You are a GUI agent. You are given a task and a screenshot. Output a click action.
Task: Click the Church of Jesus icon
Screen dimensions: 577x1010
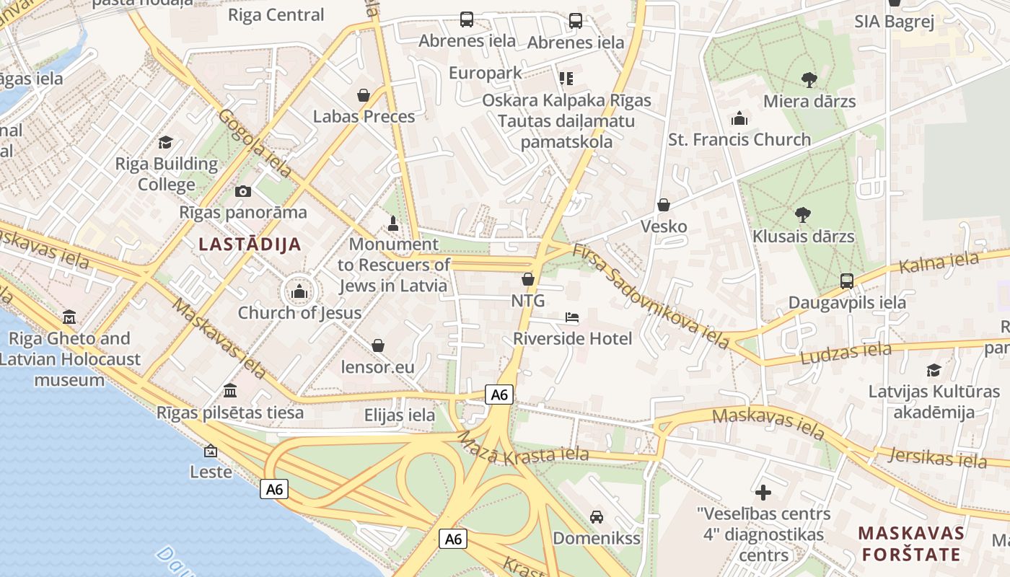(x=299, y=292)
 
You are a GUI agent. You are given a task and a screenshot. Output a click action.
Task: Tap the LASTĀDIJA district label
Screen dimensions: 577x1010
(x=250, y=244)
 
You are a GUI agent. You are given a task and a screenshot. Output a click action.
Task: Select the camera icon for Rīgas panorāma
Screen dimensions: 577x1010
(x=243, y=191)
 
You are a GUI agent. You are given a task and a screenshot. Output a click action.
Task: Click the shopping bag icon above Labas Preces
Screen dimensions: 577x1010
(x=364, y=95)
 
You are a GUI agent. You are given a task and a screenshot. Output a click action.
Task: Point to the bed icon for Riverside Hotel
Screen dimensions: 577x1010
(x=572, y=317)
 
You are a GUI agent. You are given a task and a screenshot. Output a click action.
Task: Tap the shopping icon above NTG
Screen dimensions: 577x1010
(x=528, y=279)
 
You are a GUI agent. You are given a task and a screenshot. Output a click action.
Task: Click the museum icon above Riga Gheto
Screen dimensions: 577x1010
(x=69, y=317)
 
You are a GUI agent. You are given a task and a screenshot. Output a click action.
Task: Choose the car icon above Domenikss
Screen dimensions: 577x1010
(x=597, y=516)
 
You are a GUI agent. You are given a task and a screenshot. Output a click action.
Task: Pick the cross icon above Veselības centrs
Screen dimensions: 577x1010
(x=763, y=493)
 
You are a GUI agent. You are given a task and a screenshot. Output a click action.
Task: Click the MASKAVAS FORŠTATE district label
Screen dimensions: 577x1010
(x=911, y=544)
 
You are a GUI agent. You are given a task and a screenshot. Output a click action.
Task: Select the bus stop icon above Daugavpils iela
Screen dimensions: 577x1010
(x=847, y=281)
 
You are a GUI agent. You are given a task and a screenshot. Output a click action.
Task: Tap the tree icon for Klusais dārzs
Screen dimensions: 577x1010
(x=802, y=214)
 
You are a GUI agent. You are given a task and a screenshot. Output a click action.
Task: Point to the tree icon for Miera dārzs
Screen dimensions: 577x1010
(x=809, y=79)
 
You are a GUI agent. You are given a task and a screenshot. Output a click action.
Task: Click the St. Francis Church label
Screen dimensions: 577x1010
(x=739, y=139)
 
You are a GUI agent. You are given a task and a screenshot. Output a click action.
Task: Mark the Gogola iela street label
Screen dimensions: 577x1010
(x=255, y=144)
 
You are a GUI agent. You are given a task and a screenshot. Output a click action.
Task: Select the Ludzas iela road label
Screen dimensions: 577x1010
(x=845, y=353)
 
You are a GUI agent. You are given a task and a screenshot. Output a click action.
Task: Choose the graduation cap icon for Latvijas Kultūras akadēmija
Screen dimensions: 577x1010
(x=934, y=370)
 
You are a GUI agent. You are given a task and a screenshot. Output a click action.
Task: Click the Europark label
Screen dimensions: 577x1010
(x=485, y=73)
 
